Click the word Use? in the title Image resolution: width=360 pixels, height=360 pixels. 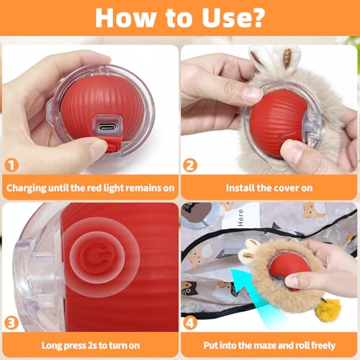point(233,18)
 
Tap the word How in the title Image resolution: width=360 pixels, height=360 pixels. point(125,18)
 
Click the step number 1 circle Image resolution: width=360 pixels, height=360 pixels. point(12,165)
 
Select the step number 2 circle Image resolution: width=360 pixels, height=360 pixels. point(190,165)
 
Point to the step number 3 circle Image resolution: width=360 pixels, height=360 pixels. point(12,323)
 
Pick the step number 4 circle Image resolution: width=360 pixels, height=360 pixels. point(190,323)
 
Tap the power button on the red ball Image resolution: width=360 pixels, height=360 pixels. point(97,257)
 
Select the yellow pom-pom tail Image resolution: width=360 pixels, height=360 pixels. point(331,310)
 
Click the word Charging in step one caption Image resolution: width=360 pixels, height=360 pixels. point(26,189)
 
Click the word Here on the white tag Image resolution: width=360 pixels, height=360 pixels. point(240,217)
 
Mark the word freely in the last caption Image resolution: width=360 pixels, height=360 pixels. point(323,346)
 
